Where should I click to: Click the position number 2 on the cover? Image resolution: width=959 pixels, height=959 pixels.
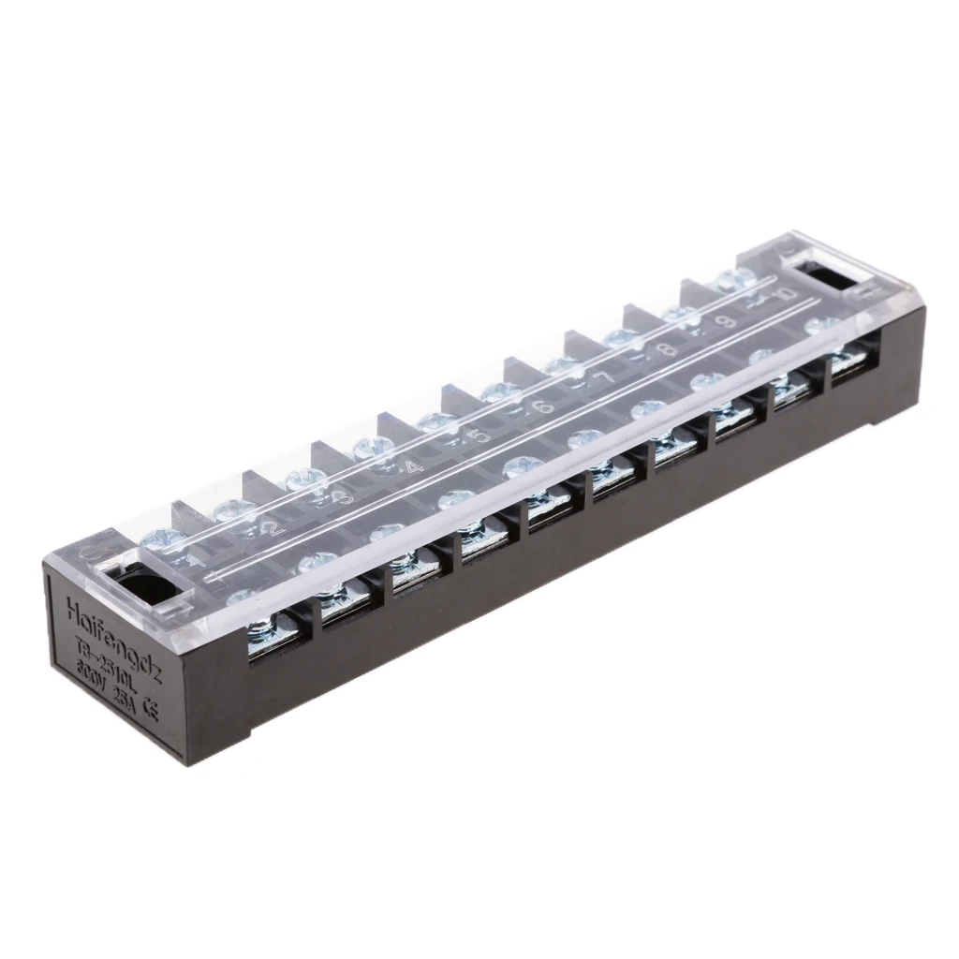273,528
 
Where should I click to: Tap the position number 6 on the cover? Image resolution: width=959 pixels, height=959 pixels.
543,406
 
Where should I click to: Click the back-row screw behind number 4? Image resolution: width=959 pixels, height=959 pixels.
372,447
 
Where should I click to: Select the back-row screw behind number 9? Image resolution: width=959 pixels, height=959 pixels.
681,315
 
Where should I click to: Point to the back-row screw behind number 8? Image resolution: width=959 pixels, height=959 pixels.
624,339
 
